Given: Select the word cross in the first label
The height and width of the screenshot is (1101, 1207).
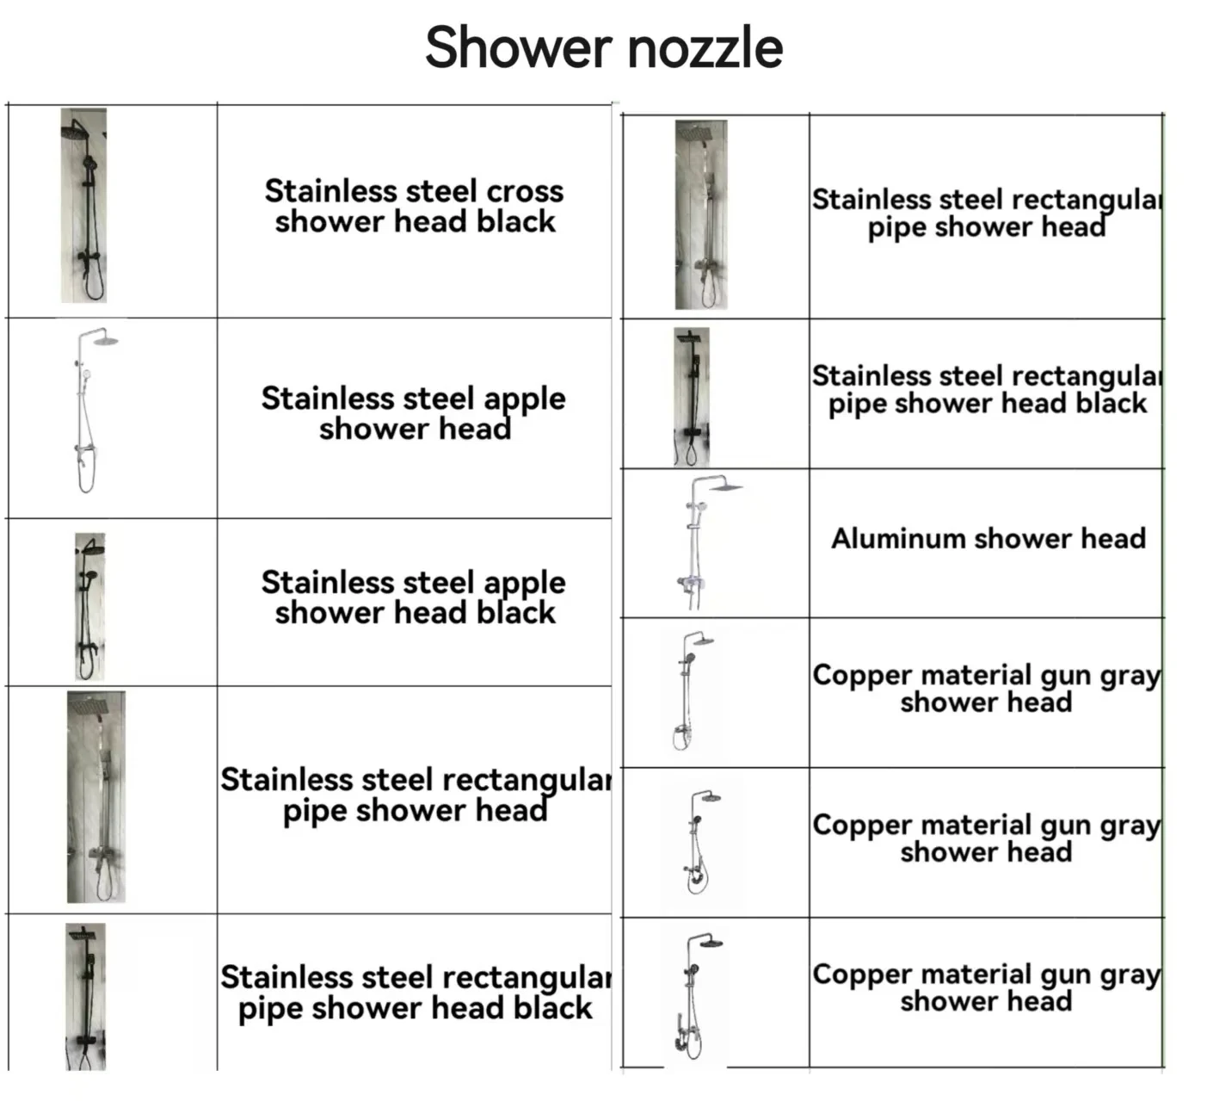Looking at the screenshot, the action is click(525, 191).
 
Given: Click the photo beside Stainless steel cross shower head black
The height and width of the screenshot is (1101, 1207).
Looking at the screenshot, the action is click(84, 205).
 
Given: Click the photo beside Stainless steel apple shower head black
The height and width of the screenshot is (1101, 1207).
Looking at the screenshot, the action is click(89, 606).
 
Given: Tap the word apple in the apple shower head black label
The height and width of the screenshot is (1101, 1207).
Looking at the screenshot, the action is click(524, 584).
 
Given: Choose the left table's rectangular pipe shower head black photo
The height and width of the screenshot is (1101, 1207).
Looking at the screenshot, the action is click(86, 996).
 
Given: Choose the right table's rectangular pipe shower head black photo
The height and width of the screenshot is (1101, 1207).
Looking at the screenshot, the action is click(693, 396).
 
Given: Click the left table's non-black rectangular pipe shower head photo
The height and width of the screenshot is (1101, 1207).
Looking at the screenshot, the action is click(96, 796).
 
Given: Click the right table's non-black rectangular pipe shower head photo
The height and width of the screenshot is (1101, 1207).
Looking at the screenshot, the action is click(701, 214).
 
